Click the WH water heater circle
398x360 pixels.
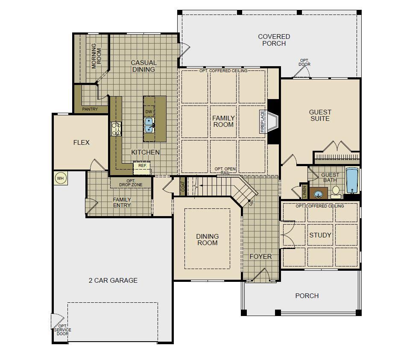tap(60, 178)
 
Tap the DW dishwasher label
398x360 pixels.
tap(149, 112)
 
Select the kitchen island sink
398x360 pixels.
tap(149, 125)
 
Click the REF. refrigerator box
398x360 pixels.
tap(142, 168)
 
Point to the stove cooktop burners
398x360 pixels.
tap(116, 129)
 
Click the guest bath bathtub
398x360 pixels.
tap(352, 180)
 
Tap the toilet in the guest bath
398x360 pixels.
tap(336, 192)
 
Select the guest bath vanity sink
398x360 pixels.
tap(318, 194)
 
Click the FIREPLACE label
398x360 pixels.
tap(263, 121)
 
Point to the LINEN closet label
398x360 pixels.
tap(305, 192)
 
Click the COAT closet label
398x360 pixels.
tap(183, 187)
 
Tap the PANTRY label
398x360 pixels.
tap(90, 109)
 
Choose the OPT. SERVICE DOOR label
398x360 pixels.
tap(62, 330)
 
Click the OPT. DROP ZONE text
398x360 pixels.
tap(131, 183)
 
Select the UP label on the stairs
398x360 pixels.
tap(251, 203)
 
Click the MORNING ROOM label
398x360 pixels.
tap(96, 56)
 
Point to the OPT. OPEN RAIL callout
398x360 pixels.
tap(225, 171)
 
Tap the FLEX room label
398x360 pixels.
tap(82, 143)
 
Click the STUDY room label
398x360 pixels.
tap(320, 235)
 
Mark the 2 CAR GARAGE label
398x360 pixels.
tap(113, 280)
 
